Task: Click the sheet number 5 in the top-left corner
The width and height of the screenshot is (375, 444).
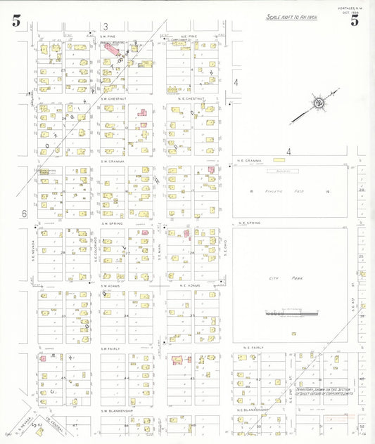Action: [16, 20]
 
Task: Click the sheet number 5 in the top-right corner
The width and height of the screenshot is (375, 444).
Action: [355, 20]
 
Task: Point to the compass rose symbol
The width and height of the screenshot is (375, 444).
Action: [319, 103]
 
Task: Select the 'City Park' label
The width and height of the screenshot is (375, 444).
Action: [279, 279]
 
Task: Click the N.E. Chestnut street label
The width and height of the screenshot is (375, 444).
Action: [191, 99]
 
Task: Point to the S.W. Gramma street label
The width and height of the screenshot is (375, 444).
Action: [113, 162]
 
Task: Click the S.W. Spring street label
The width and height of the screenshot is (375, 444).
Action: [113, 223]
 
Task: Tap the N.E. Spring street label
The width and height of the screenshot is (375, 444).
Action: [250, 223]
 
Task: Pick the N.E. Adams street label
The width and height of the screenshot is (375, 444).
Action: [191, 286]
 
